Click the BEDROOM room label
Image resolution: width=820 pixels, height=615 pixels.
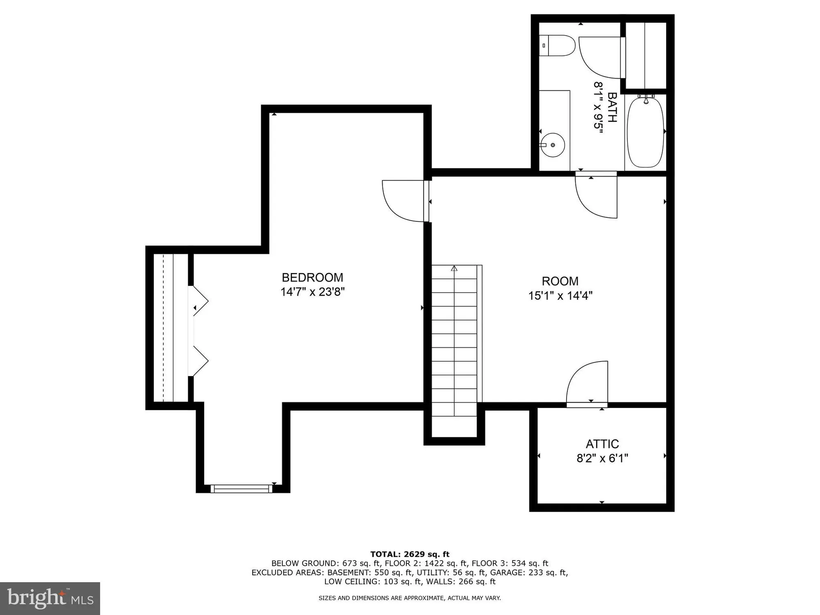pos(312,278)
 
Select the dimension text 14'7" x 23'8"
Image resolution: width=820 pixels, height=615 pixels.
pos(312,292)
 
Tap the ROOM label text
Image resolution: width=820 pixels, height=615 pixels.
pos(560,281)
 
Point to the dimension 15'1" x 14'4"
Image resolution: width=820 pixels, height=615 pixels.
pos(560,296)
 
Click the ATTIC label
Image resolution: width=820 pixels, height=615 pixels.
pos(602,444)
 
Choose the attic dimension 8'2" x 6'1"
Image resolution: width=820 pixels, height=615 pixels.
pos(602,458)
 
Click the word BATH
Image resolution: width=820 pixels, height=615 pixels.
pos(612,107)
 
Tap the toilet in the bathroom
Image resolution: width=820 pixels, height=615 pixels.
pos(558,46)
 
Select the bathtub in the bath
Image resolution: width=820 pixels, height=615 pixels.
pos(645,132)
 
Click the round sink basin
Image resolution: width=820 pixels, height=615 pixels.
pos(553,145)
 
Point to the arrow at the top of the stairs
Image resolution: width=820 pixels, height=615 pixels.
pos(454,269)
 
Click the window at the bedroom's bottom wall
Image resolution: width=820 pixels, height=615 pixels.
pos(241,488)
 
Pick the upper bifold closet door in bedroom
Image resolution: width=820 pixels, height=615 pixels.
pos(200,301)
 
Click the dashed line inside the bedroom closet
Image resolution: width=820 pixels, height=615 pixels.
pos(163,328)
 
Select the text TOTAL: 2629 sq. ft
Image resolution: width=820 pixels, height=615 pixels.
pos(410,554)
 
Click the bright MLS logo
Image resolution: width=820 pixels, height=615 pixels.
pos(50,599)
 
